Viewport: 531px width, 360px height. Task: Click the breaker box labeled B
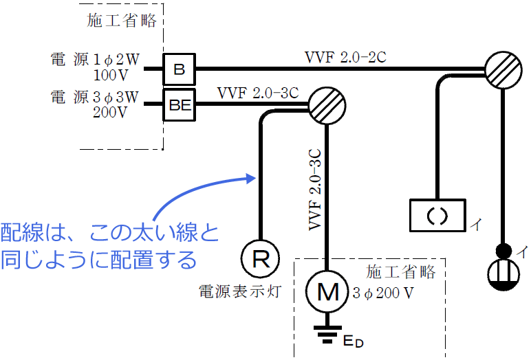click(x=180, y=69)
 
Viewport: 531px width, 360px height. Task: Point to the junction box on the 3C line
click(x=326, y=105)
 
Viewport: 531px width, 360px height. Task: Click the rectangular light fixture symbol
click(x=438, y=215)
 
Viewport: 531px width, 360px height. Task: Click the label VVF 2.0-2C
click(x=346, y=57)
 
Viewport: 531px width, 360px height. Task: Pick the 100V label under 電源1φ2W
click(x=111, y=74)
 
